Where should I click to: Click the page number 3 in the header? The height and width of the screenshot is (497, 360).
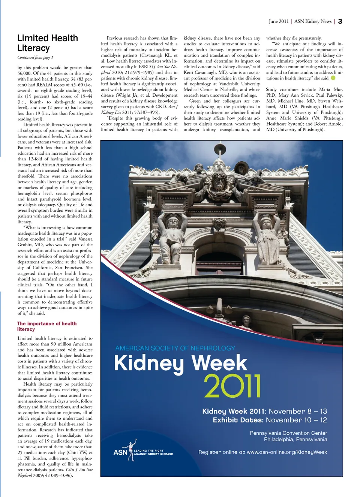[x=340, y=21]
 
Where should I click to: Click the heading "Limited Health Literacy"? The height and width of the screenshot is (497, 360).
[x=48, y=43]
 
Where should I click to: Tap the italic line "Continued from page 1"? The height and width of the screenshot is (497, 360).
[x=35, y=57]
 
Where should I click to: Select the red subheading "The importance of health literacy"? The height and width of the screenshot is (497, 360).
[x=46, y=326]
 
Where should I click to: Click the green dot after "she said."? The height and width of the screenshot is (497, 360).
[x=333, y=78]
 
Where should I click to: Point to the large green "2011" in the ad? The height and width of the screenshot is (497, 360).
[x=232, y=386]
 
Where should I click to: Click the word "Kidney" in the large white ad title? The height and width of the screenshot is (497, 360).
[x=149, y=363]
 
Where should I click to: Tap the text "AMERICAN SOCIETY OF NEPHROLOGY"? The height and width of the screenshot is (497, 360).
[x=175, y=348]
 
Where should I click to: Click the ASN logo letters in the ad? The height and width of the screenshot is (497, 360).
[x=120, y=452]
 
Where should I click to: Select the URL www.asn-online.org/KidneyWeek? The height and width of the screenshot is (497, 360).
[x=287, y=452]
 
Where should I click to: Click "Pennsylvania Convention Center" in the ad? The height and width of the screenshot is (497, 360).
[x=288, y=433]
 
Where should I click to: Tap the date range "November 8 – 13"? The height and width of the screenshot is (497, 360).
[x=298, y=411]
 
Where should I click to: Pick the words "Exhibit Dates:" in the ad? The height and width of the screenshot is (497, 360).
[x=238, y=420]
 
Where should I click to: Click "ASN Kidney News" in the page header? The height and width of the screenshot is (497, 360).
[x=313, y=21]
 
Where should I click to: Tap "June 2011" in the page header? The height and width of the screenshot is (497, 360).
[x=279, y=21]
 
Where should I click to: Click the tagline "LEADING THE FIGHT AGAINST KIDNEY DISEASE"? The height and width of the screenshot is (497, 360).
[x=153, y=452]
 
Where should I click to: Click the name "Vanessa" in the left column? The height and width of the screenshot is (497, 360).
[x=85, y=239]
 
